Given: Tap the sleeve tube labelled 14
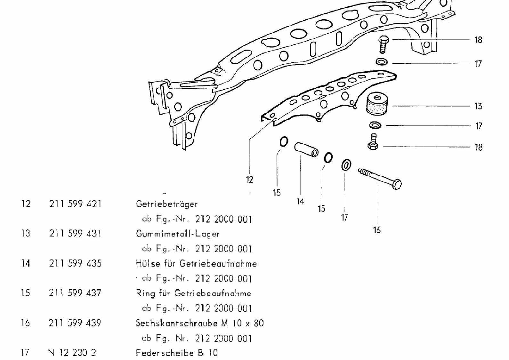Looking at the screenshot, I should point(306,149).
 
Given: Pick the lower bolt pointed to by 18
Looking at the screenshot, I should point(373,142).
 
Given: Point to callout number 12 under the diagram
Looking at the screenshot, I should point(249,180).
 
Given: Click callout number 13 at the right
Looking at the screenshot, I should point(478,106).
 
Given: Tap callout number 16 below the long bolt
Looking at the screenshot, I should point(377,230).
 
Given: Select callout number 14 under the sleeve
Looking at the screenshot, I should point(300,201).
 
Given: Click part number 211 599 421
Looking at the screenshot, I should point(75,204).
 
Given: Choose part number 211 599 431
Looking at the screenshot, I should point(75,234).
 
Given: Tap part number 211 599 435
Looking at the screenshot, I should point(75,263).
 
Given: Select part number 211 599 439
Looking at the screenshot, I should point(75,323).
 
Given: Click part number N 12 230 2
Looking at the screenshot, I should point(72,353).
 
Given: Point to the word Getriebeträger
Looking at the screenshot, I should point(166,204).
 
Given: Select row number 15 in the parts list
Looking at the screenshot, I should point(26,293).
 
